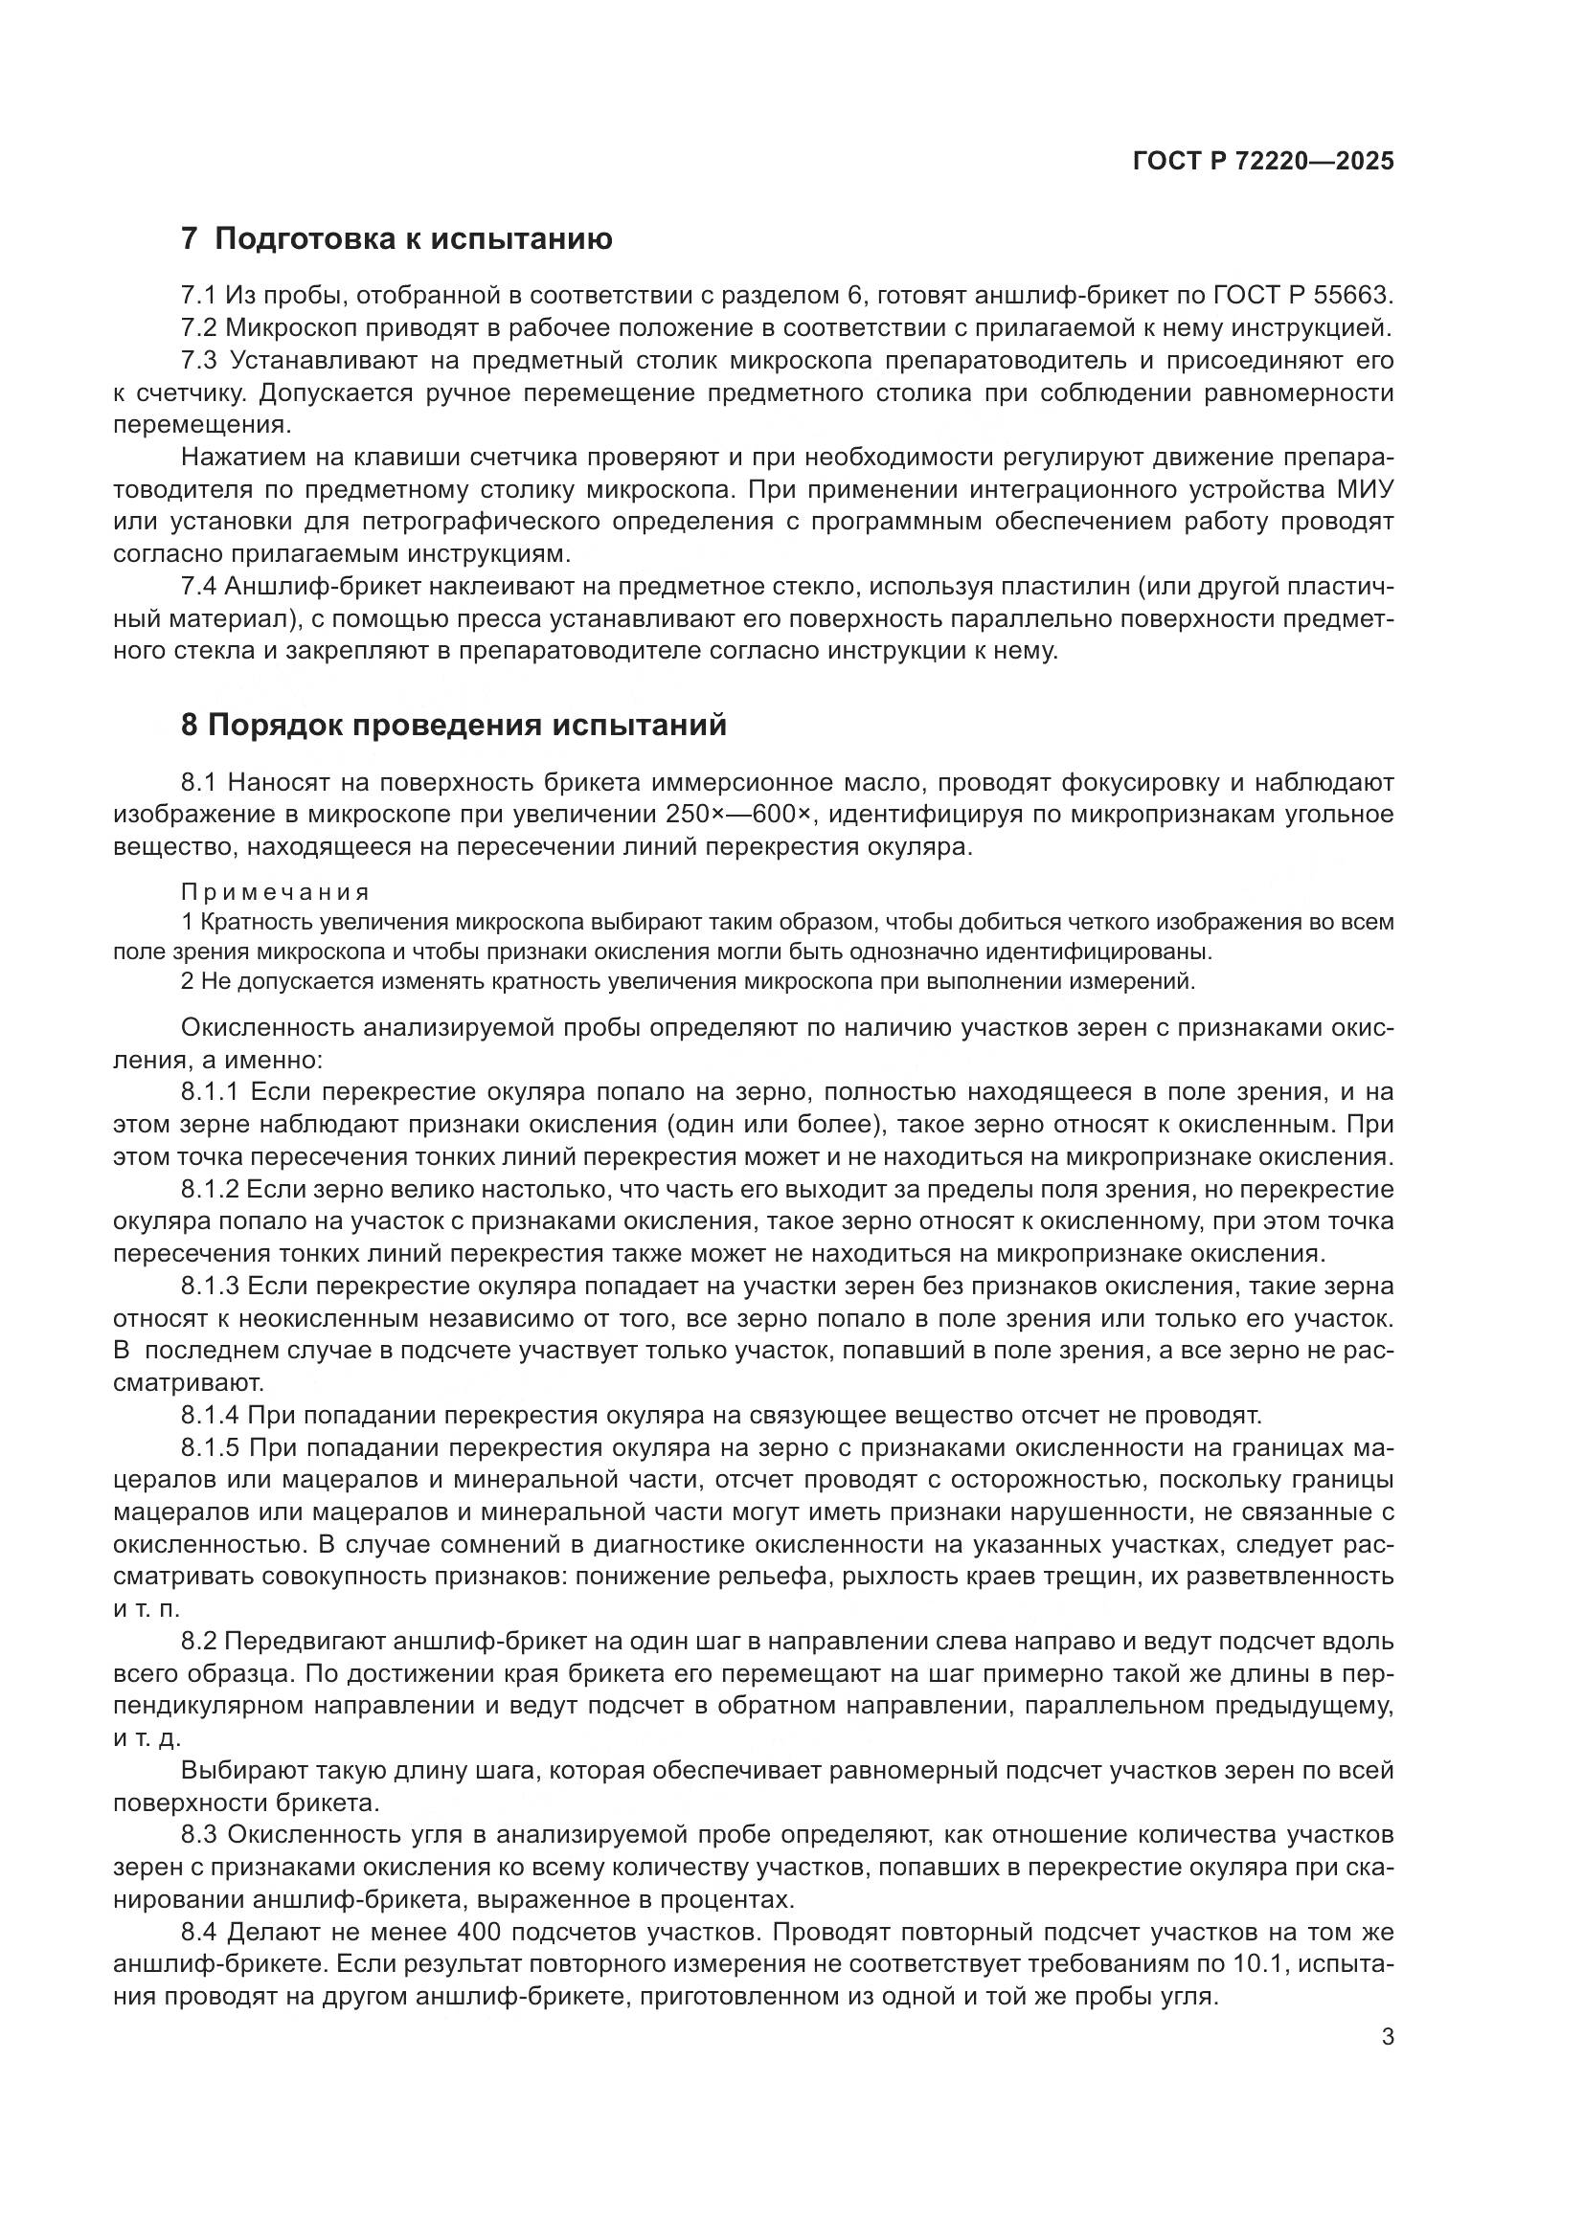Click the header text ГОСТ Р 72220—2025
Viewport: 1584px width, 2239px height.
1263,161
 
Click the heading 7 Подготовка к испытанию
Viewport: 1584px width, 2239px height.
397,239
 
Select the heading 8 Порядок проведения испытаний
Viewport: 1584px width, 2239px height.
454,726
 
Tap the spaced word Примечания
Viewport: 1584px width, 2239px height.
276,892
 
